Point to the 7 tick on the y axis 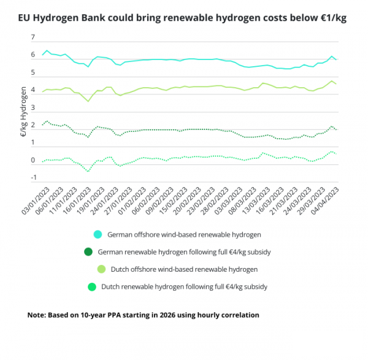pos(33,37)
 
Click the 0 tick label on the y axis pos(33,161)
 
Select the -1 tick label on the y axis pos(32,178)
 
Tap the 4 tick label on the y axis pos(33,90)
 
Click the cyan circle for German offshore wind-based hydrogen pos(98,234)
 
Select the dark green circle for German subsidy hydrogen pos(89,251)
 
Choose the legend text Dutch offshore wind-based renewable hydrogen pos(184,269)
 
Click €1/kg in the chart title pos(334,18)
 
